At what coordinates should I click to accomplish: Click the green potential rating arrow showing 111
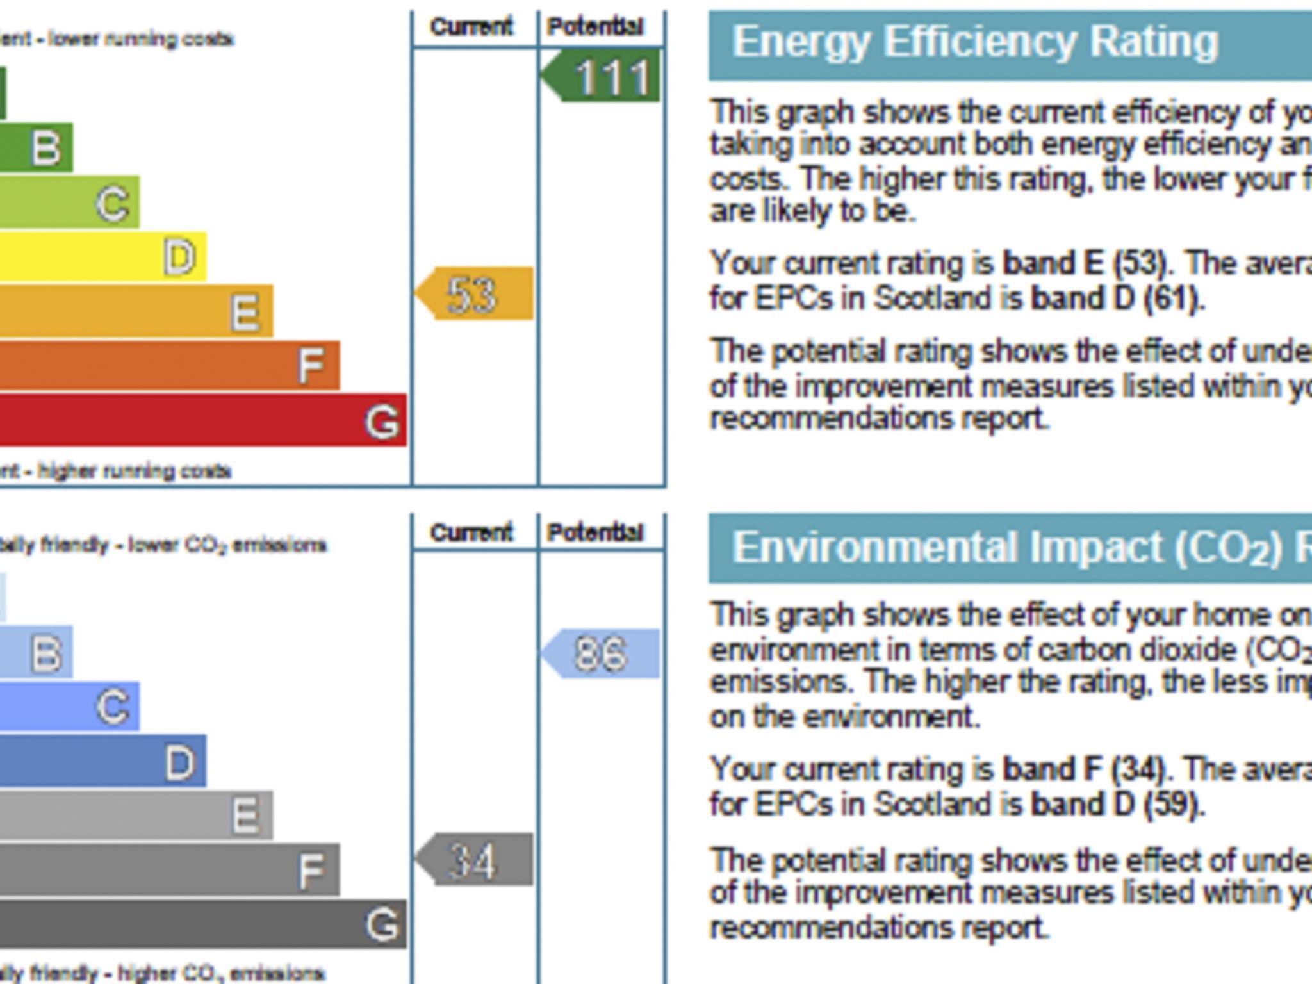pos(602,76)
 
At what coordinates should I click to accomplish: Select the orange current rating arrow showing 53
pos(475,294)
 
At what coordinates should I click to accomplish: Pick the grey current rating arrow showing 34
pos(475,860)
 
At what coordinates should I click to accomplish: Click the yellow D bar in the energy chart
pos(102,257)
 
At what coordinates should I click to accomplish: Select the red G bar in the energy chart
pos(202,420)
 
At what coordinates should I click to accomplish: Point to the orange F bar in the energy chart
pos(169,365)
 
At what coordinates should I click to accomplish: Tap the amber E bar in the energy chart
pos(136,311)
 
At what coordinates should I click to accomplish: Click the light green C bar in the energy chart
pos(69,203)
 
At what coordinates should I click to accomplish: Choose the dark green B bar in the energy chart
pos(36,148)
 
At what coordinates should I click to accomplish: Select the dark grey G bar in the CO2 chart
pos(202,923)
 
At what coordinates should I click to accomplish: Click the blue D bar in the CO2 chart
pos(102,761)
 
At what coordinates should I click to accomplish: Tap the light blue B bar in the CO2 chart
pos(36,653)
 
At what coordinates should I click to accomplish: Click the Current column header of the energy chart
pos(471,27)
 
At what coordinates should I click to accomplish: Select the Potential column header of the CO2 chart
pos(595,532)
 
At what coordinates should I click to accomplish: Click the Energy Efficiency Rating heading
pos(975,42)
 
